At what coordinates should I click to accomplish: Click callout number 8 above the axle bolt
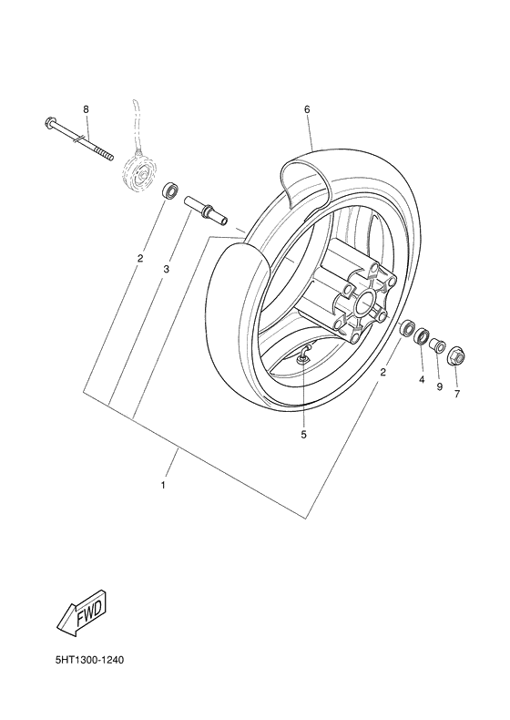coord(86,109)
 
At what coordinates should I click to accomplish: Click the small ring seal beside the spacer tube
coord(168,192)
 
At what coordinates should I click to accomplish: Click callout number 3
coord(167,269)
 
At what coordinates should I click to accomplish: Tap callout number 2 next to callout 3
coord(139,259)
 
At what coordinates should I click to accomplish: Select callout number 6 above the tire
coord(307,109)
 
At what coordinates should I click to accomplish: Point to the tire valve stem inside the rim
coord(304,357)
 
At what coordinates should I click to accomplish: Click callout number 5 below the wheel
coord(303,435)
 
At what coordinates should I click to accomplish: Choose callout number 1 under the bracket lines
coord(163,484)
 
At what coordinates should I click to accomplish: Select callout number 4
coord(422,378)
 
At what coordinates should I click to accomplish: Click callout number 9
coord(438,386)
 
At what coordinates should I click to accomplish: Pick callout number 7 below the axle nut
coord(456,394)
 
